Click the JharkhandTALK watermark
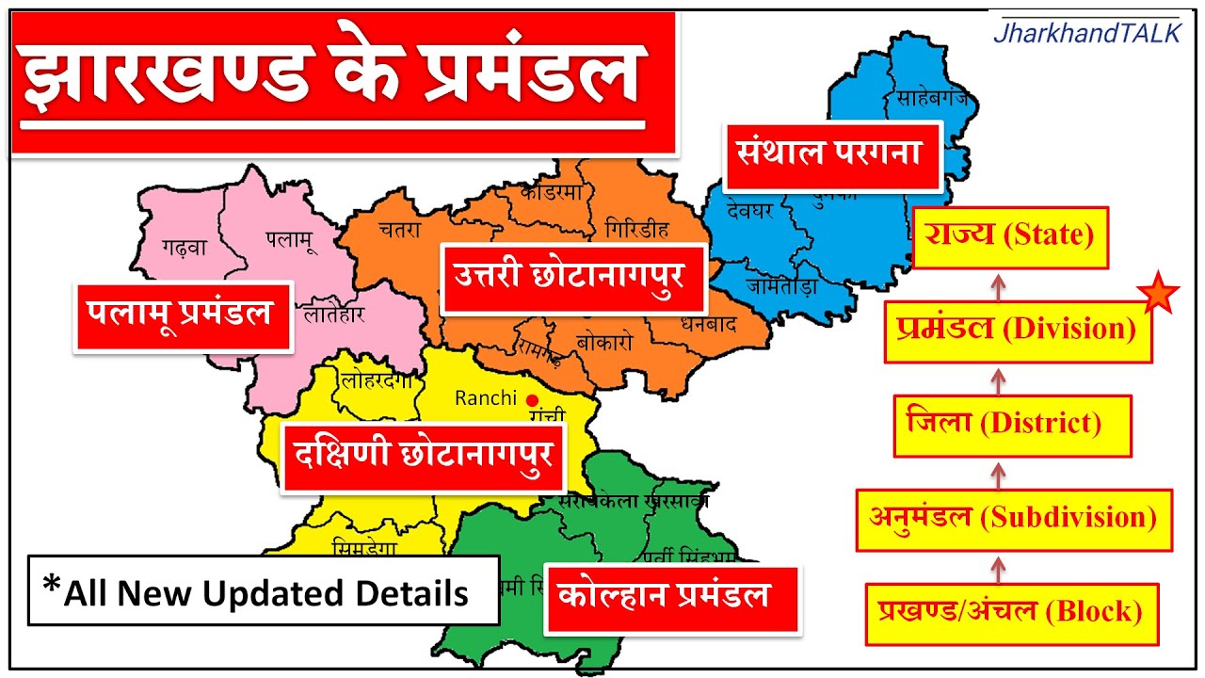click(1086, 34)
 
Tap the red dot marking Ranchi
click(532, 399)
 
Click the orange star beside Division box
click(1158, 296)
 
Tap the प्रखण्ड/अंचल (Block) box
click(1012, 613)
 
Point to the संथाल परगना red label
click(831, 154)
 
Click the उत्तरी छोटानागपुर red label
click(572, 278)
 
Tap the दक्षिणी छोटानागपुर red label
click(424, 458)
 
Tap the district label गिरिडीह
click(637, 230)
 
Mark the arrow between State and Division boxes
click(1000, 284)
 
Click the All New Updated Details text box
click(263, 591)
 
